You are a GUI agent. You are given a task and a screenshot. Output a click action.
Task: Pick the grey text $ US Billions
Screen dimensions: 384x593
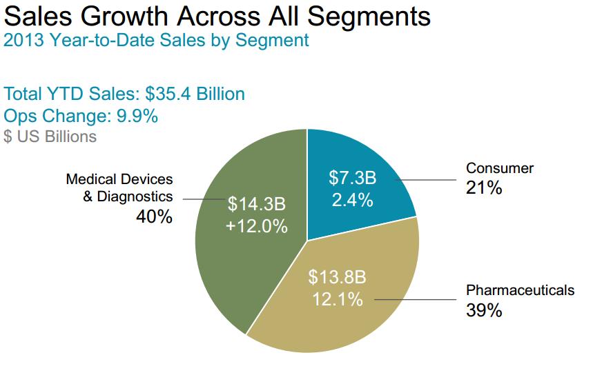50,137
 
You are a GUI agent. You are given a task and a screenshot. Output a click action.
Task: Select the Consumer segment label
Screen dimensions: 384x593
500,168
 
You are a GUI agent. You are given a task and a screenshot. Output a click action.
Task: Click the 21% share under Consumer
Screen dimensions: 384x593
483,187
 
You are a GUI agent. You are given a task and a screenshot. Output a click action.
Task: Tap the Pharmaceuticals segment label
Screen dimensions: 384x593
520,290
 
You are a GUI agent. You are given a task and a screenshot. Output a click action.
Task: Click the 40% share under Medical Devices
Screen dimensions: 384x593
153,216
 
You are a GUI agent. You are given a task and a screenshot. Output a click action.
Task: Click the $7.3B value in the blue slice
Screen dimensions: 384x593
352,179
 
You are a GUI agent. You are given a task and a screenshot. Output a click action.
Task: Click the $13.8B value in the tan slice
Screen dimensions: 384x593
337,278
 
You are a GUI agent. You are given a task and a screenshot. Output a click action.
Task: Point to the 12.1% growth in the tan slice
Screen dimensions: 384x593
337,299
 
